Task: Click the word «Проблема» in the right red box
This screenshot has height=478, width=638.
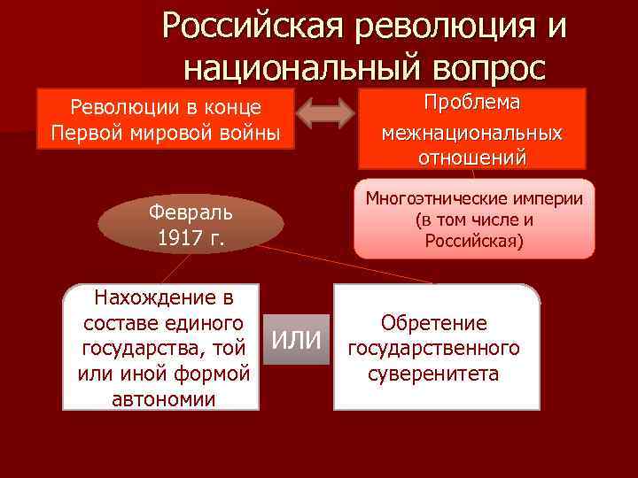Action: pos(471,104)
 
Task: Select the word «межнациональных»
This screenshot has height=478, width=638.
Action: pos(471,133)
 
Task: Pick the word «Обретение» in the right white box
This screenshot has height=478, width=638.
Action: pos(433,324)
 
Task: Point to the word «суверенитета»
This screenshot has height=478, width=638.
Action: pos(433,374)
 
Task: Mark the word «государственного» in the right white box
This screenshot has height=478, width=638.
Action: pos(433,349)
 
